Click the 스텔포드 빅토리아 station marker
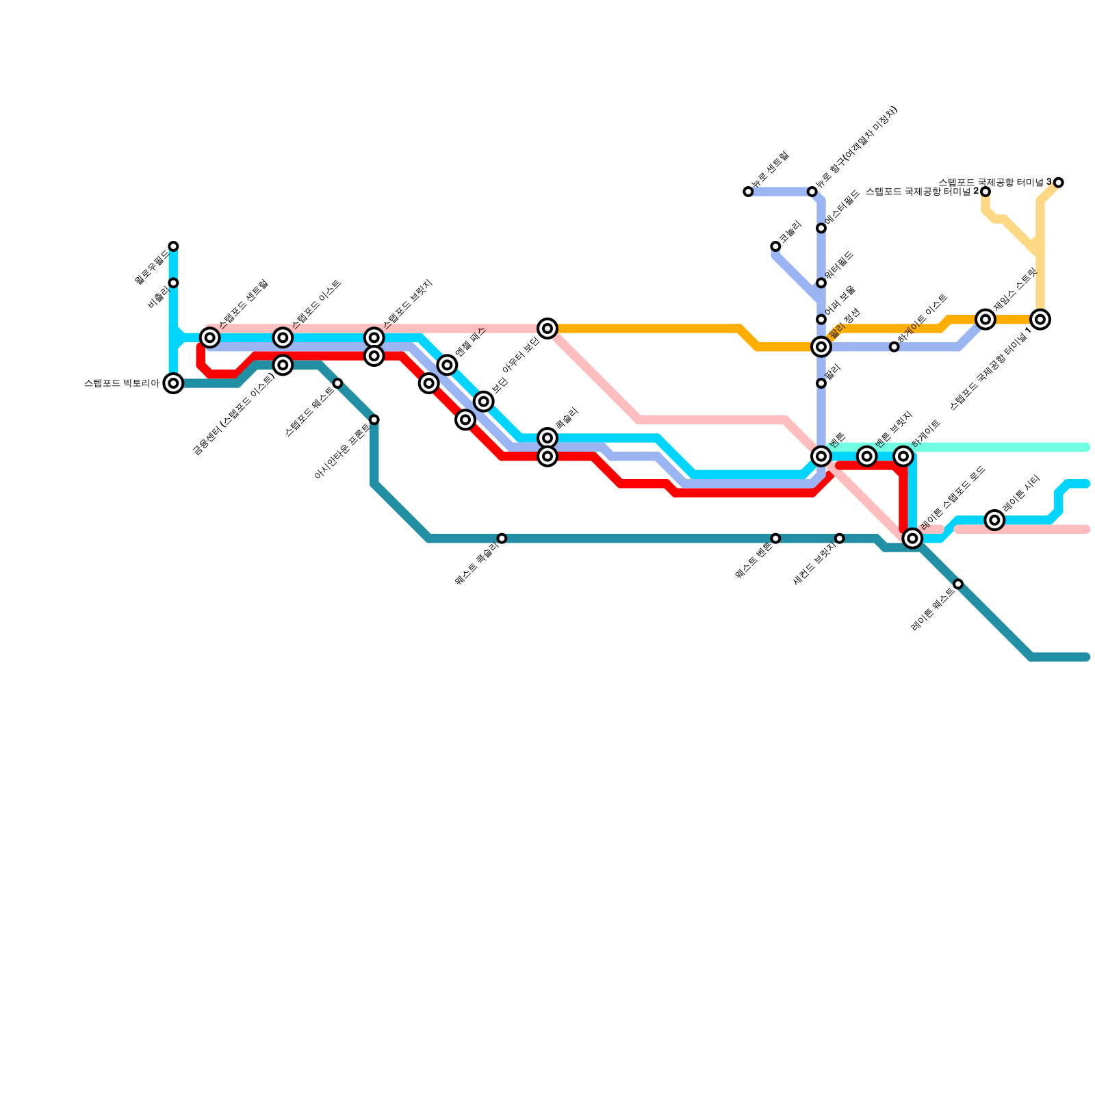point(174,383)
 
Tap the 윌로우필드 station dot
point(174,246)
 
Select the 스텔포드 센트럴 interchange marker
point(210,337)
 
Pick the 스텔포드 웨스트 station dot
point(337,383)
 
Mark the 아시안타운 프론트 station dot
point(374,420)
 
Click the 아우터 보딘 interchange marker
point(547,328)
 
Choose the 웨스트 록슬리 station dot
point(502,539)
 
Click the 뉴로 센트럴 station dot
point(748,192)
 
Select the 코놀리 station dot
point(775,246)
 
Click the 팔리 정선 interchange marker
point(821,347)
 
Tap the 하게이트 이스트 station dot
point(894,347)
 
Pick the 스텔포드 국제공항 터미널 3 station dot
point(1059,183)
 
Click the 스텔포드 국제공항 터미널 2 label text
point(922,192)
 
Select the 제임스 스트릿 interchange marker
point(985,319)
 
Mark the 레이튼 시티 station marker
point(995,520)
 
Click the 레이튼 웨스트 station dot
point(958,584)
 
